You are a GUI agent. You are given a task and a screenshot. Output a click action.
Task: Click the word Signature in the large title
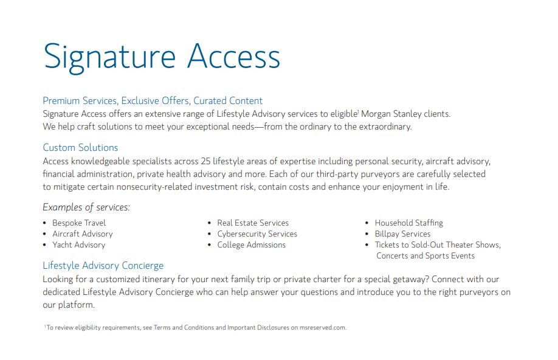(x=109, y=58)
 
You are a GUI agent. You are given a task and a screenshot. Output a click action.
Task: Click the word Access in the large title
(x=234, y=57)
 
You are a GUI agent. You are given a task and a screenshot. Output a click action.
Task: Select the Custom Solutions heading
(x=80, y=147)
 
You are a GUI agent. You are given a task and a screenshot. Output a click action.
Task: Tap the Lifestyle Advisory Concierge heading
(x=103, y=266)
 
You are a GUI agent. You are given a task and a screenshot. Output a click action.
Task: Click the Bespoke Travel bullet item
(x=79, y=223)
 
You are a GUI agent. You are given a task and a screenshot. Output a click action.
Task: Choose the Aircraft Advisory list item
(x=83, y=234)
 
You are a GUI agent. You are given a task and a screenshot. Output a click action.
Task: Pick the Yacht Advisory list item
(x=78, y=245)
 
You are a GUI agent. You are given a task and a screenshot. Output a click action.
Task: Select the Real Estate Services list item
(x=253, y=223)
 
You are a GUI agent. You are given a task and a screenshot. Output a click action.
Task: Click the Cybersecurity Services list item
(x=257, y=234)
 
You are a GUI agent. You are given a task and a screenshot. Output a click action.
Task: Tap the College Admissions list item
(x=252, y=245)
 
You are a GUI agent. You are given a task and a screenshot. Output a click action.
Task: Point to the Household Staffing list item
(x=409, y=223)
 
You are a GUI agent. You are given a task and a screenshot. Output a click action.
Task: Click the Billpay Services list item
(x=402, y=234)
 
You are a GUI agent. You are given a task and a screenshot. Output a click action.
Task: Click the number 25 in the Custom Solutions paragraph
(x=205, y=161)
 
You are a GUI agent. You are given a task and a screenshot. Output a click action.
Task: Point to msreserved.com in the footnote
(x=323, y=328)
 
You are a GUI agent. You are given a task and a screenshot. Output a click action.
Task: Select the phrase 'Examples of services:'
(x=86, y=207)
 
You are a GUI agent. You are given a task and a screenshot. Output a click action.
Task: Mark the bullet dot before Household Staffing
(x=367, y=223)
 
